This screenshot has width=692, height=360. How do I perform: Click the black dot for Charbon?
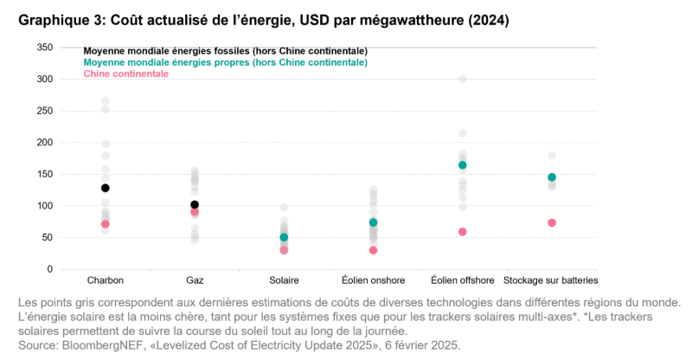106,188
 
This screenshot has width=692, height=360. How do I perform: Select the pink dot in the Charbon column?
106,224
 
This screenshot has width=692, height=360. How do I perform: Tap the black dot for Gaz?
195,205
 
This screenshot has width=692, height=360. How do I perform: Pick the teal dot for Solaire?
284,237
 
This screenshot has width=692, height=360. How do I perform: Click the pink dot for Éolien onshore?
373,250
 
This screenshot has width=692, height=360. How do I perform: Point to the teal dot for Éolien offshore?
463,165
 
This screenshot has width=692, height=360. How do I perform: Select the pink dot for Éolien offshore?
463,232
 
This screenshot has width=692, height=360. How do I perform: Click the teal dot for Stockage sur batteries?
552,177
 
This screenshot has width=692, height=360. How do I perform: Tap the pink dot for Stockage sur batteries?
552,222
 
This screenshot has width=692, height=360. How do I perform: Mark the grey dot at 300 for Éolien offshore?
463,79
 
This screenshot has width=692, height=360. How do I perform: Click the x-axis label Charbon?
106,280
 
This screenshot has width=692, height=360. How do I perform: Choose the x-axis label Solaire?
284,280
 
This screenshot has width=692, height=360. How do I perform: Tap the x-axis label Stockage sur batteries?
551,280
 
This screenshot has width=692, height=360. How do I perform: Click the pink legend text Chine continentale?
125,74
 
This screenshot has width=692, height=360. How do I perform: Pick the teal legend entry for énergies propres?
225,62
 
